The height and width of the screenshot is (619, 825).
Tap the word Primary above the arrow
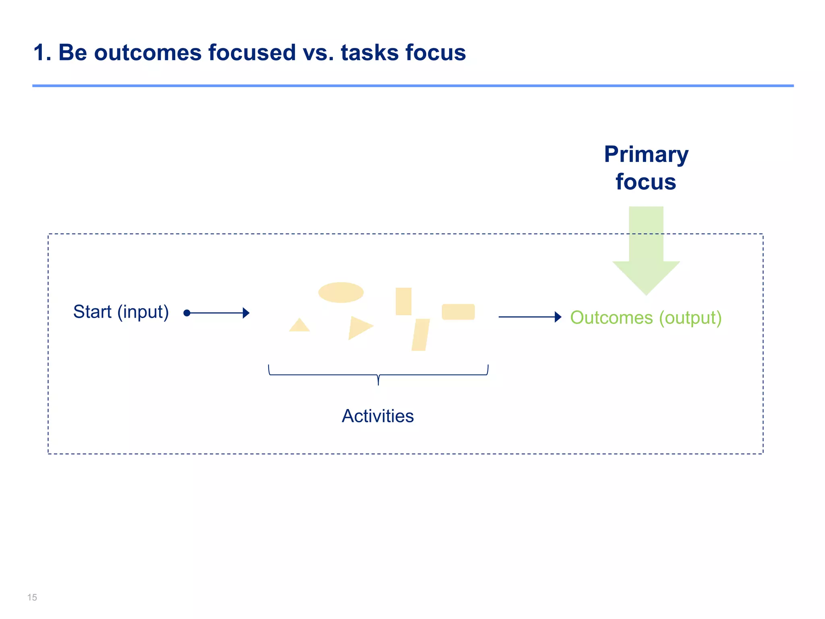pyautogui.click(x=646, y=155)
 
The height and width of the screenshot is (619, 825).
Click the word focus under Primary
pyautogui.click(x=646, y=182)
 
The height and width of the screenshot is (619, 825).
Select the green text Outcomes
pyautogui.click(x=611, y=318)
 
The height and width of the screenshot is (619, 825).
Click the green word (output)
pyautogui.click(x=690, y=318)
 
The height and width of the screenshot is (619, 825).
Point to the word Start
pyautogui.click(x=92, y=312)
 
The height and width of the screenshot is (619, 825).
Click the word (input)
pyautogui.click(x=143, y=312)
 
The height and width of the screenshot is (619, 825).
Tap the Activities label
pyautogui.click(x=377, y=416)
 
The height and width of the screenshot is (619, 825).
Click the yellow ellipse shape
pyautogui.click(x=341, y=293)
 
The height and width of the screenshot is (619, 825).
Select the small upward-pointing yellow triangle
pyautogui.click(x=299, y=326)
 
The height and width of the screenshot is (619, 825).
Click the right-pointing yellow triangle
pyautogui.click(x=359, y=327)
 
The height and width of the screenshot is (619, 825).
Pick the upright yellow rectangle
pyautogui.click(x=403, y=301)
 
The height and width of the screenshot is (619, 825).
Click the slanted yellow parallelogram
pyautogui.click(x=421, y=335)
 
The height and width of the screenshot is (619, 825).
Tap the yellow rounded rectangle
pyautogui.click(x=458, y=312)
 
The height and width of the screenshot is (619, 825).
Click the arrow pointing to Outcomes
pyautogui.click(x=529, y=317)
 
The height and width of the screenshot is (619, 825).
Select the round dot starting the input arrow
pyautogui.click(x=187, y=313)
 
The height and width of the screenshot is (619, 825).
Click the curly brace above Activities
pyautogui.click(x=378, y=375)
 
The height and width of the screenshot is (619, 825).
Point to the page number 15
pyautogui.click(x=32, y=597)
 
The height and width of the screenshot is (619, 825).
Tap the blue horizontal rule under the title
pyautogui.click(x=412, y=86)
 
